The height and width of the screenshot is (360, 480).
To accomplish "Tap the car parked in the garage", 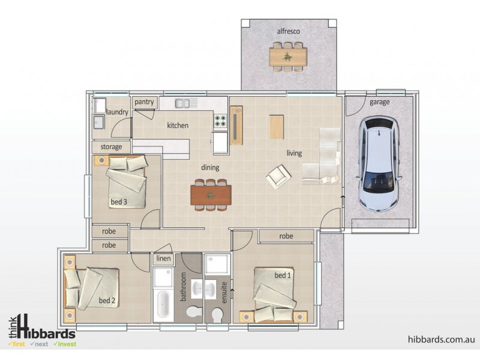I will (377, 164).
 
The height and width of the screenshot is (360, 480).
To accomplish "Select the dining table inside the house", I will (211, 194).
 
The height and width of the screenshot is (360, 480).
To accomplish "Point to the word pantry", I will (144, 102).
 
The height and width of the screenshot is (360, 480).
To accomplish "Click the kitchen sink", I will (186, 103).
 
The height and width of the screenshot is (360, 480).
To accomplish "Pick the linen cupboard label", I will (164, 259).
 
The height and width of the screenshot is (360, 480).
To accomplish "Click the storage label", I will (112, 146).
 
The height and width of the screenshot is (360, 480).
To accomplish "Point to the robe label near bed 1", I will (286, 236).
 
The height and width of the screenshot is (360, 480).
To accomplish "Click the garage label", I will (379, 103).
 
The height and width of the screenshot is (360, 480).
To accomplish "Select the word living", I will (294, 153).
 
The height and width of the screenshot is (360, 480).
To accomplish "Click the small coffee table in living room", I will (276, 126).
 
